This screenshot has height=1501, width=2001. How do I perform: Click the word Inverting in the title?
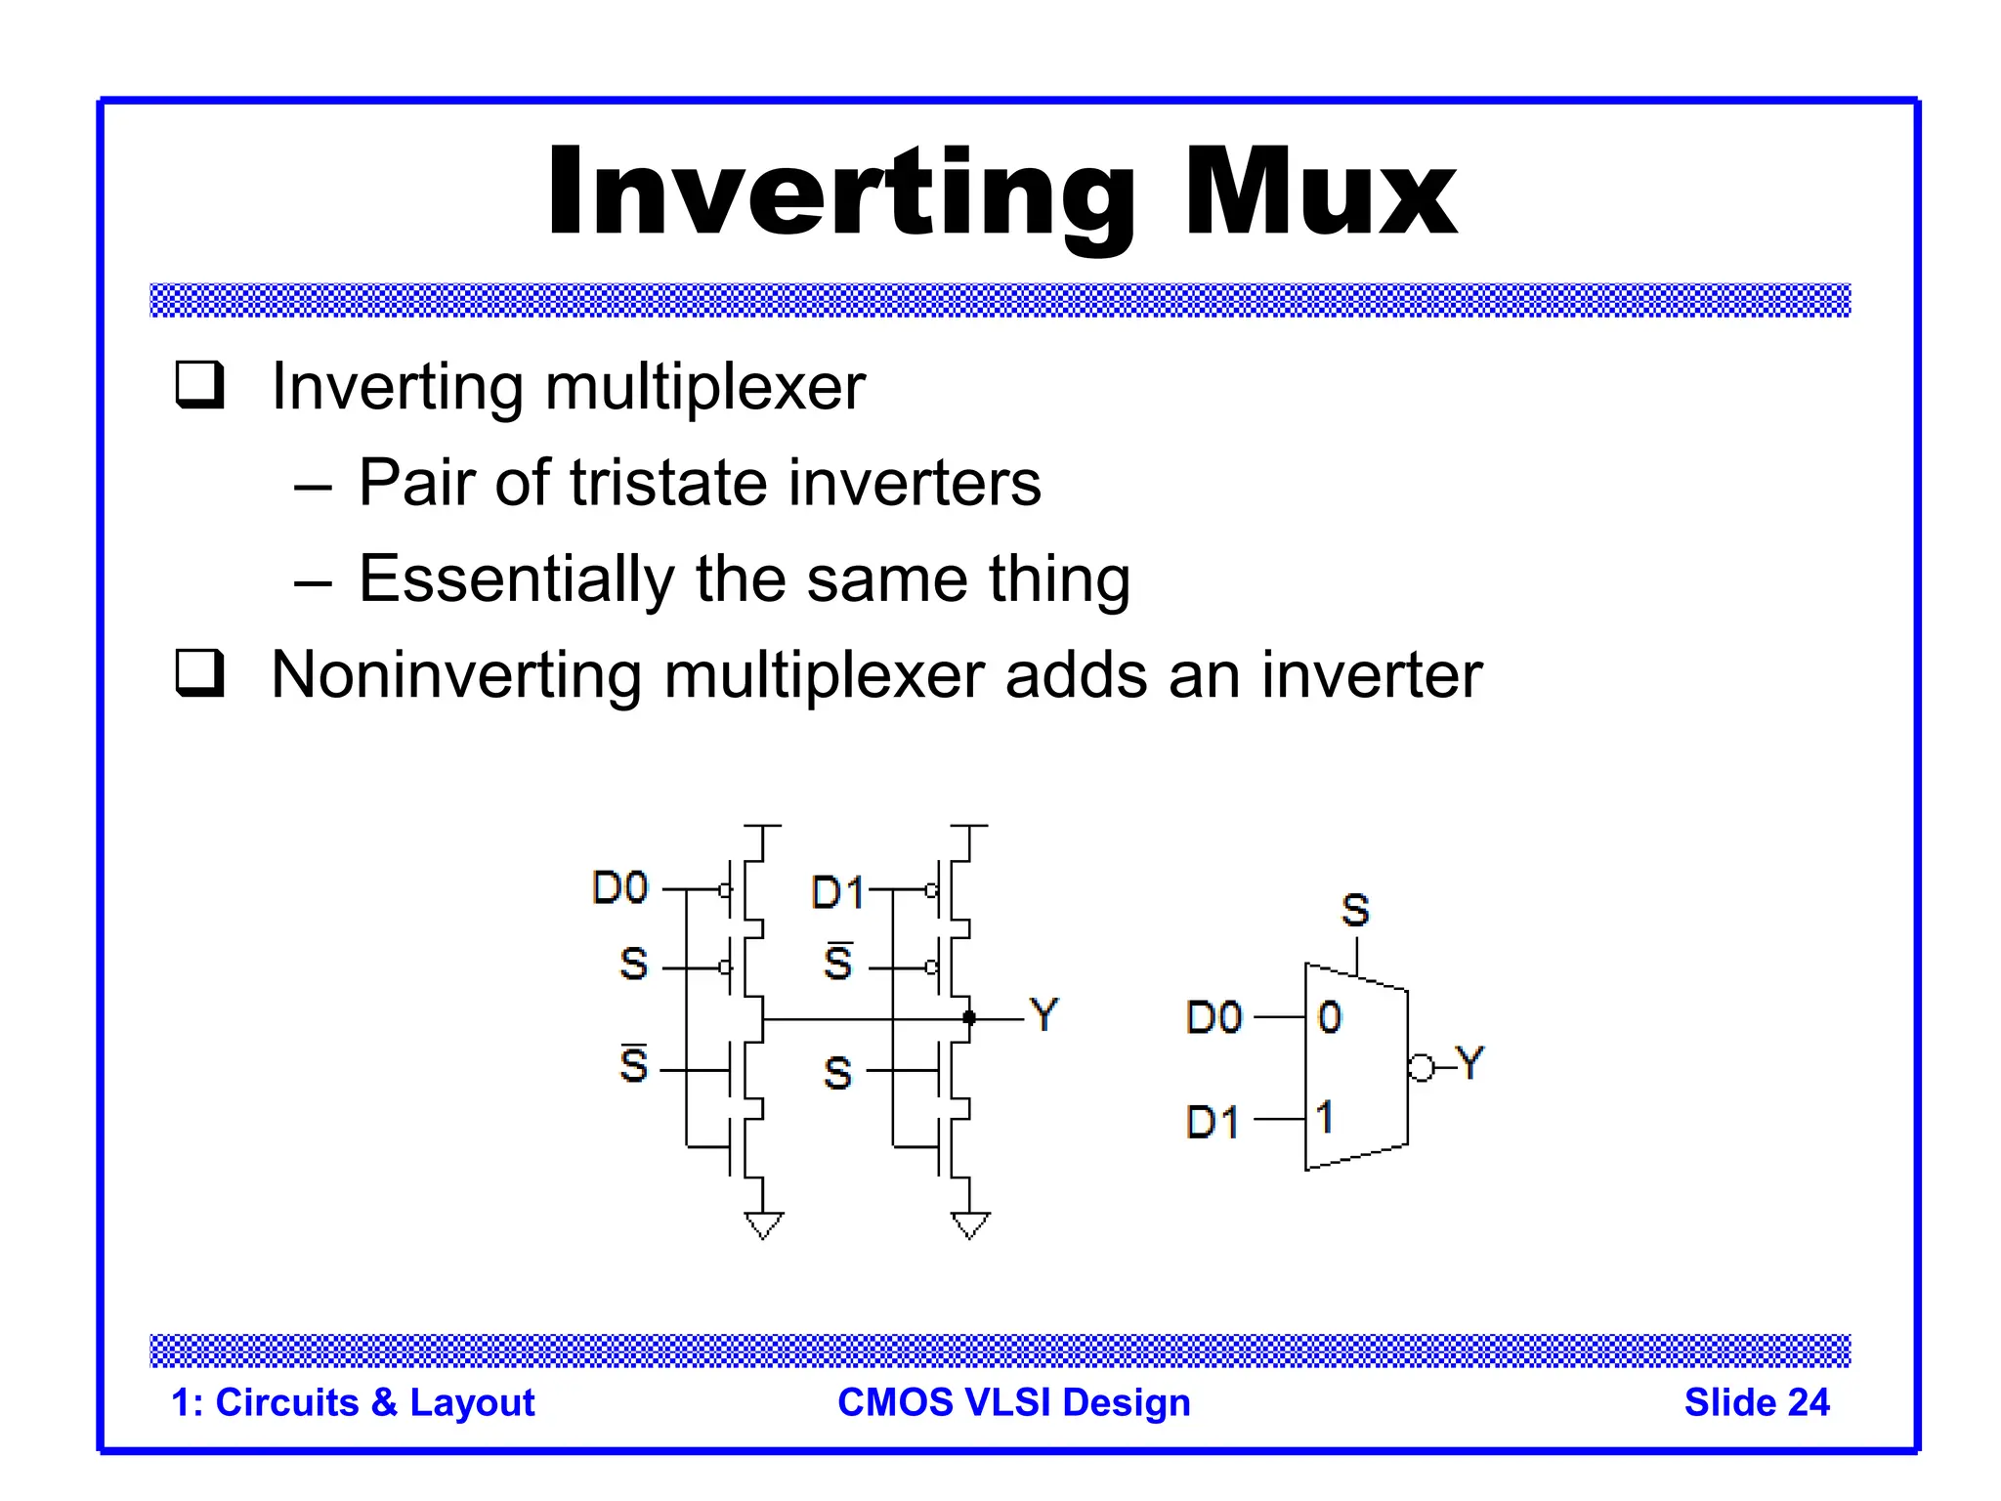click(x=840, y=193)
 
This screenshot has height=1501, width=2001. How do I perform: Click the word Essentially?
click(x=516, y=579)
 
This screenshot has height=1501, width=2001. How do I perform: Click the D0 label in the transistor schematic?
click(x=620, y=888)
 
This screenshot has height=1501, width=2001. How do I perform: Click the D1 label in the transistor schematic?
click(x=837, y=893)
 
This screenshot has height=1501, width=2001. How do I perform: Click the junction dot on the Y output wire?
click(x=969, y=1018)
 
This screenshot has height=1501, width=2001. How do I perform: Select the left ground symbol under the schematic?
click(x=763, y=1224)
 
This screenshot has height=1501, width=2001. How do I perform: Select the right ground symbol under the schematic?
click(x=970, y=1224)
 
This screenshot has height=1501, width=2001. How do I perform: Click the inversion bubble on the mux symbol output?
click(x=1422, y=1068)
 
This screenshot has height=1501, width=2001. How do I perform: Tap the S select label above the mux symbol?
click(x=1355, y=911)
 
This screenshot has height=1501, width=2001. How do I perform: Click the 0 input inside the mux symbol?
click(x=1330, y=1017)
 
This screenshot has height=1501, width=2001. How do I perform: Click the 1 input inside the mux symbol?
click(x=1325, y=1117)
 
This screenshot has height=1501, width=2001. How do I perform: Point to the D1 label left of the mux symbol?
click(x=1213, y=1122)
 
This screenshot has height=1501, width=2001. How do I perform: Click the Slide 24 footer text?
click(x=1756, y=1402)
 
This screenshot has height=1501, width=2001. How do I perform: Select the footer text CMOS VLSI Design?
click(x=1014, y=1402)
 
